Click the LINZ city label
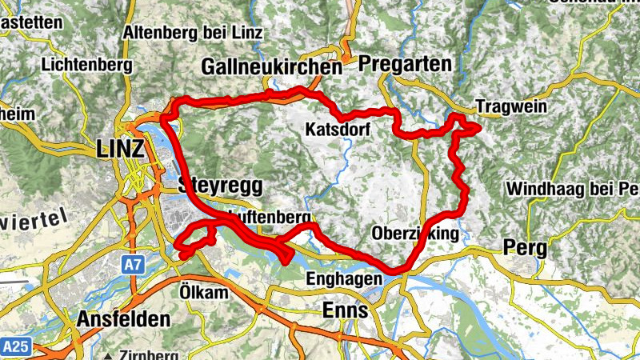click(120, 149)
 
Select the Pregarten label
click(405, 64)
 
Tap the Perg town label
click(525, 247)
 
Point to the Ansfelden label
click(123, 318)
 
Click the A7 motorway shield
click(134, 263)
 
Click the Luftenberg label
click(268, 218)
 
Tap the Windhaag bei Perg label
click(573, 190)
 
